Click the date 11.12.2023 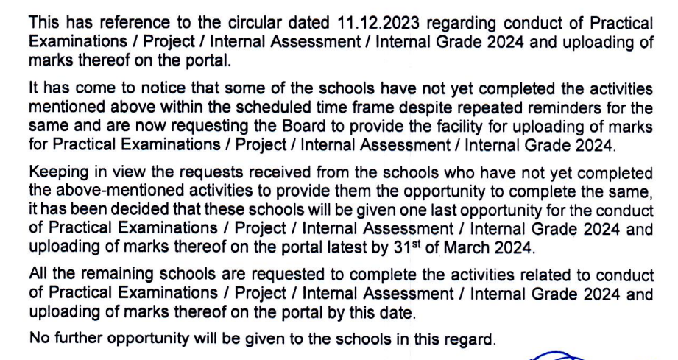pyautogui.click(x=335, y=24)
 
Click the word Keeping pyautogui.click(x=57, y=174)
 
